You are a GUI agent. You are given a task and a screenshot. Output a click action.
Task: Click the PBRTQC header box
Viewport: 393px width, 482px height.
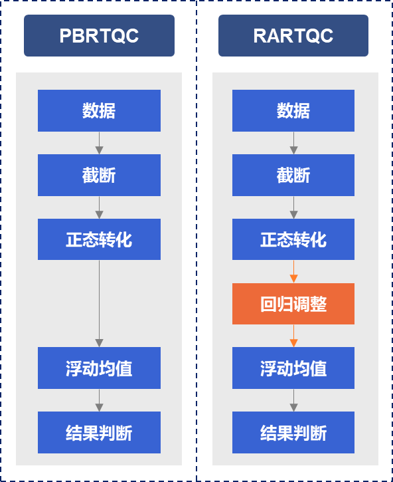99,36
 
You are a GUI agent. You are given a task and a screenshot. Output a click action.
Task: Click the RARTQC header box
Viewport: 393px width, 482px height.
293,36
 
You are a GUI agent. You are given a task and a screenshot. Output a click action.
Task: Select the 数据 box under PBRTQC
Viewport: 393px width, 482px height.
99,110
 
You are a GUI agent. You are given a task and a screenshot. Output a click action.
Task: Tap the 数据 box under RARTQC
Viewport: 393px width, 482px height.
293,110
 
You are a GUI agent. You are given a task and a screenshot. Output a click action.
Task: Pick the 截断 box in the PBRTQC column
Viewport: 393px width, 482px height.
99,176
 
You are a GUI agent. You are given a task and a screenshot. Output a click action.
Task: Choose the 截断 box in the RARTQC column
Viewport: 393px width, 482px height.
293,176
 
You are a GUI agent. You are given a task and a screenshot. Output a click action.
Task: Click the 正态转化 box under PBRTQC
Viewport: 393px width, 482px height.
99,239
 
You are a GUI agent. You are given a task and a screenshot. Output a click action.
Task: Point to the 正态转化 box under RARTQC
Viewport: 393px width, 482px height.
293,239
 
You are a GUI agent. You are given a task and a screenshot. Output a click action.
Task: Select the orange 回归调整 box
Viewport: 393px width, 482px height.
293,304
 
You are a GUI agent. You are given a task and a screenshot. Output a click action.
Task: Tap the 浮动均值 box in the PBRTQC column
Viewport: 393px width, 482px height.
99,368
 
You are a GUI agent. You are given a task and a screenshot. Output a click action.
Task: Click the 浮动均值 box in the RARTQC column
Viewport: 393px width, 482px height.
293,368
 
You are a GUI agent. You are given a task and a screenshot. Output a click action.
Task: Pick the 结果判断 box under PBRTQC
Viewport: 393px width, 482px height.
99,433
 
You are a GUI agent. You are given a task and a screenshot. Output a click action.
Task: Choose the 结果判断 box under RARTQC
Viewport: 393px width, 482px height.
293,433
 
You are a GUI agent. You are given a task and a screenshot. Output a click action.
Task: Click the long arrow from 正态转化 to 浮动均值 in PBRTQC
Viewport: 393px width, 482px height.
99,304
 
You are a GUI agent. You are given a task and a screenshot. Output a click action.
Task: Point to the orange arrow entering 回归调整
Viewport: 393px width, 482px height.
293,271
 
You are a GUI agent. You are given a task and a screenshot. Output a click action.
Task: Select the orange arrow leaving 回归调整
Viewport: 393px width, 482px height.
293,336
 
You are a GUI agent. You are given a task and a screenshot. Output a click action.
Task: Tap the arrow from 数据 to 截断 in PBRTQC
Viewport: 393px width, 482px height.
99,143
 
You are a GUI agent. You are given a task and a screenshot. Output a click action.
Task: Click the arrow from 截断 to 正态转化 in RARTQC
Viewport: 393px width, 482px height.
293,207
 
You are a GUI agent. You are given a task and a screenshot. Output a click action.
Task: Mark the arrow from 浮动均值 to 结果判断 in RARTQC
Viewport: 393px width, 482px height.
293,400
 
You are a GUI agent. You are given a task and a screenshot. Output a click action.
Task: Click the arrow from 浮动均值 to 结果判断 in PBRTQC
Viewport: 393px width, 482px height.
99,400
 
